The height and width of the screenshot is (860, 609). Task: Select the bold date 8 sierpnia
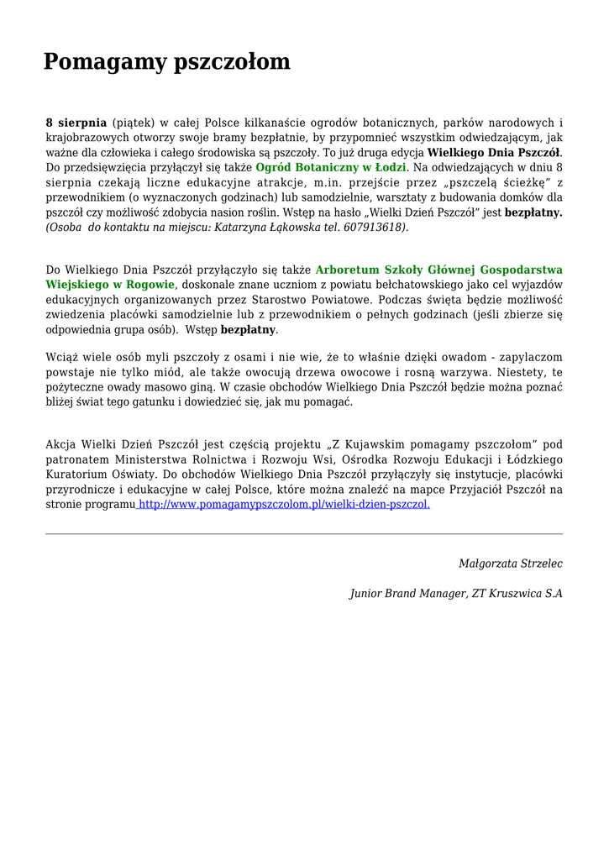tap(76, 123)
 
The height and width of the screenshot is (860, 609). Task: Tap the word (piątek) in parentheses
tap(134, 123)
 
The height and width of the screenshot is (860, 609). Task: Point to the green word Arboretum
tap(346, 270)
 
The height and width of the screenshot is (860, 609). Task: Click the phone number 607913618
tap(373, 228)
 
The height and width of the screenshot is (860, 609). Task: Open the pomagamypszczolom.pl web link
tap(284, 505)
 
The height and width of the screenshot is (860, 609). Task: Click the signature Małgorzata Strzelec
tap(511, 564)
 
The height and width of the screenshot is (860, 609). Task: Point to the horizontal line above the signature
tap(304, 534)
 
